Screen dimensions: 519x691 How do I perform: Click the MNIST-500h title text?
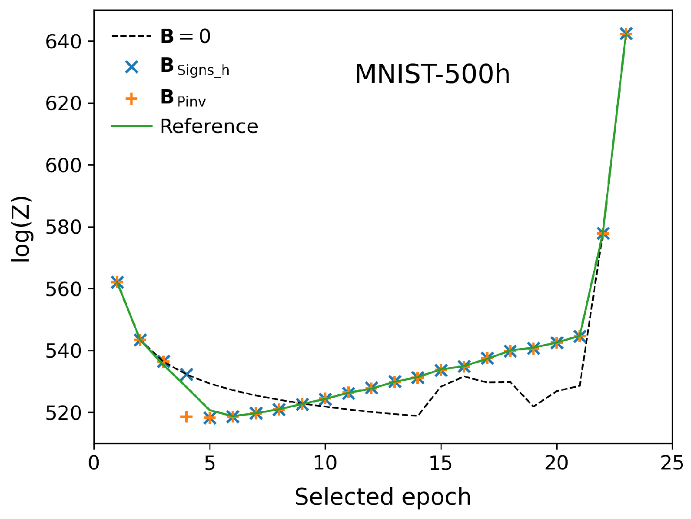tap(432, 75)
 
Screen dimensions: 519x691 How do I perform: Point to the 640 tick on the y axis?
tap(64, 41)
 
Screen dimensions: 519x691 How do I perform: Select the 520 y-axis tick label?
tap(64, 413)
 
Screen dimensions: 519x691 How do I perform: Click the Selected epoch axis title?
tap(383, 497)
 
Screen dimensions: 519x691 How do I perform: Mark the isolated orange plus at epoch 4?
tap(186, 417)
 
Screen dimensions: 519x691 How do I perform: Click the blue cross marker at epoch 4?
tap(186, 374)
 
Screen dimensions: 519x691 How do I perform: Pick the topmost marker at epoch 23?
tap(626, 34)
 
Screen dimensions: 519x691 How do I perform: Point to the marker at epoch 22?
tap(603, 234)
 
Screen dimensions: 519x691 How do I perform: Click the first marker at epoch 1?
tap(117, 283)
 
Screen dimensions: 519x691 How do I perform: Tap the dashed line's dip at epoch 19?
tap(533, 406)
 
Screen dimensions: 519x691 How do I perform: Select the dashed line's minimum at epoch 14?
tap(418, 416)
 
